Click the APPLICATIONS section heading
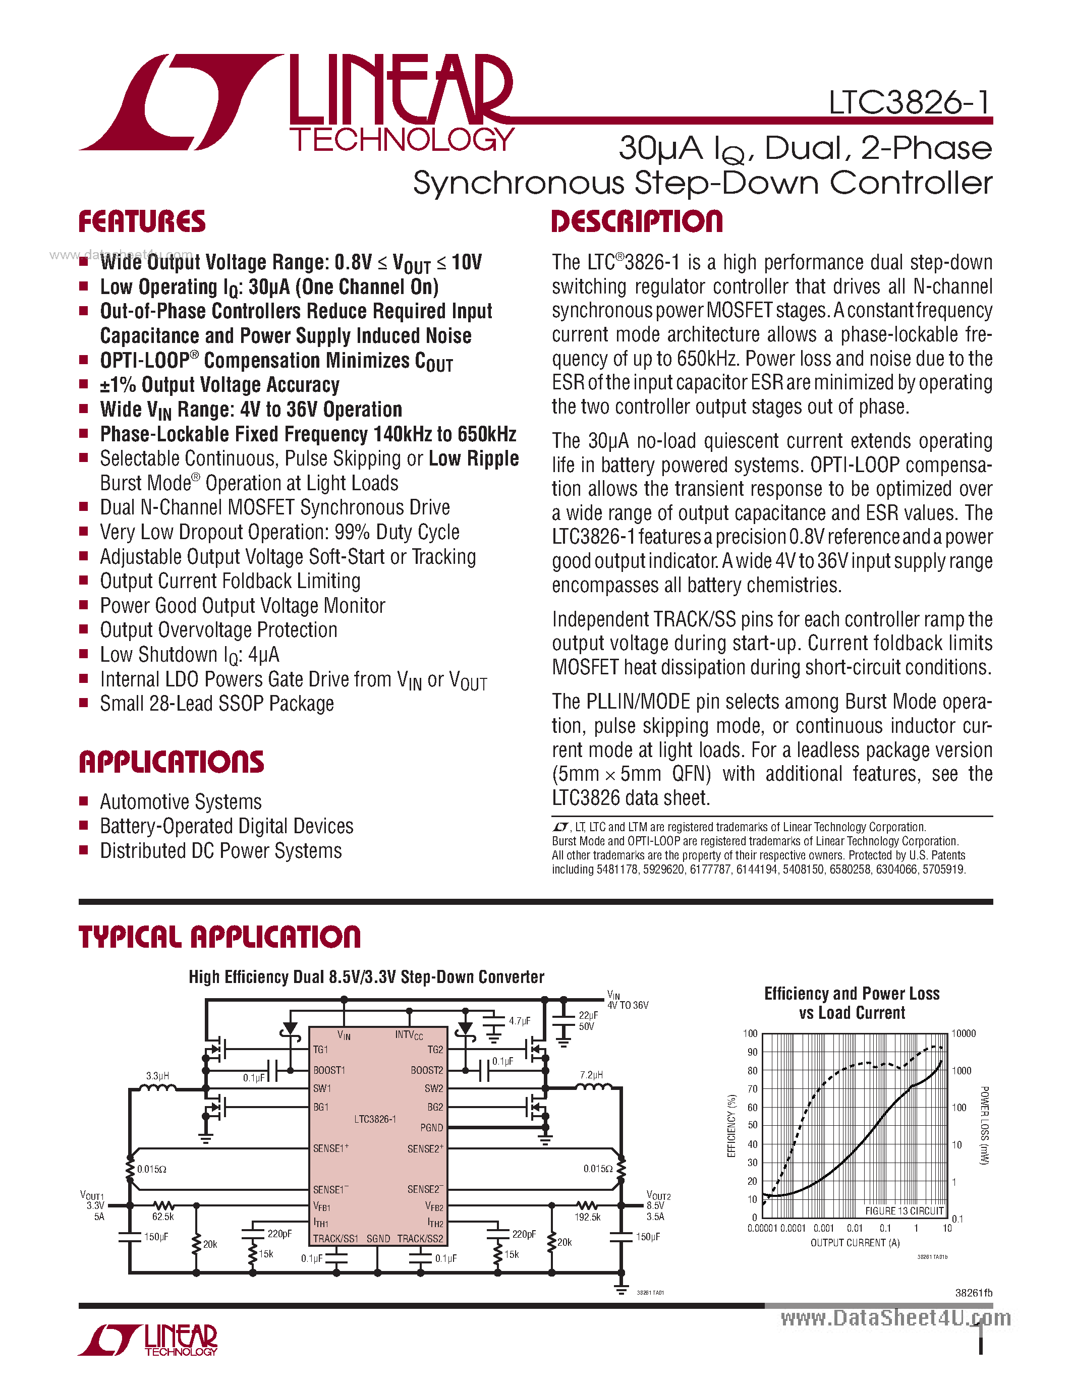171,762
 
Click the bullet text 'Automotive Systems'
181,801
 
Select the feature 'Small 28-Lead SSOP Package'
216,704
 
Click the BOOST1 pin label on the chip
329,1070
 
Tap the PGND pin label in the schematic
431,1127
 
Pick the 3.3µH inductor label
157,1076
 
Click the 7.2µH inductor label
591,1074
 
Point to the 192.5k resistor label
587,1217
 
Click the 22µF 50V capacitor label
587,1020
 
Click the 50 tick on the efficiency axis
753,1125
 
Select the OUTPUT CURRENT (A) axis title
855,1242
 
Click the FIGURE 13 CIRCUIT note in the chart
905,1210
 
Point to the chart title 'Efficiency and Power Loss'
852,993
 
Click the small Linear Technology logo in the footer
148,1340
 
